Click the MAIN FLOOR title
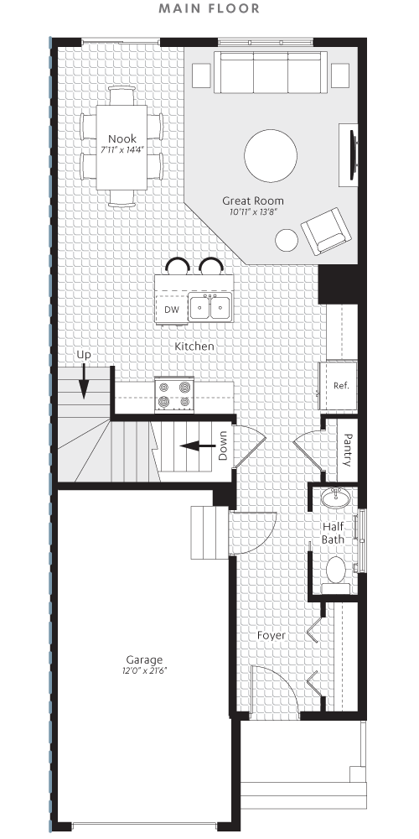209,9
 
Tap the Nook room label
122,138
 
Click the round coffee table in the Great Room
270,154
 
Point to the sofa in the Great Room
270,72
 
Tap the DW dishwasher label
172,310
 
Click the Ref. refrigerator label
340,386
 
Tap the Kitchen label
194,347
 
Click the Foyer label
272,635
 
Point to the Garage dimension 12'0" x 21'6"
144,671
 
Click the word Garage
144,659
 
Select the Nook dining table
122,151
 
